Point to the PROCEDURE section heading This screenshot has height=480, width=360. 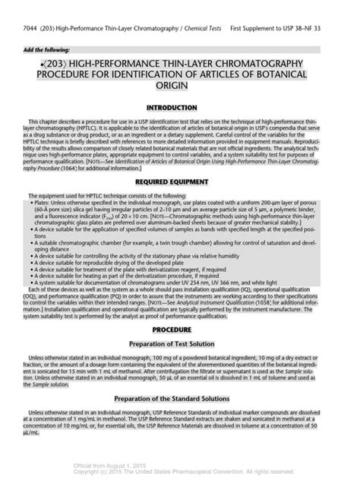point(179,330)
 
